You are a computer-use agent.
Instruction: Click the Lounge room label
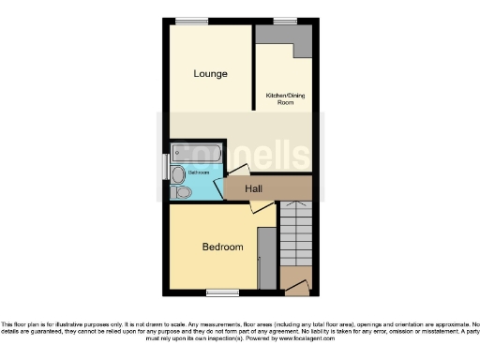[210, 74]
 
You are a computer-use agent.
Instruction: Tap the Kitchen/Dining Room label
[286, 98]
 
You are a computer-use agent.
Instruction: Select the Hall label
[253, 189]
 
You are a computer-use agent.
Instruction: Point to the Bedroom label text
[223, 247]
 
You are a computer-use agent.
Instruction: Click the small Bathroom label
[198, 173]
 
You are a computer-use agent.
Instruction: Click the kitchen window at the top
[284, 21]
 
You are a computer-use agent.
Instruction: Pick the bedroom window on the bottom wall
[221, 291]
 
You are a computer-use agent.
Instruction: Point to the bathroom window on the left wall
[167, 166]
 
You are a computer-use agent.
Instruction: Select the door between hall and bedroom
[262, 210]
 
